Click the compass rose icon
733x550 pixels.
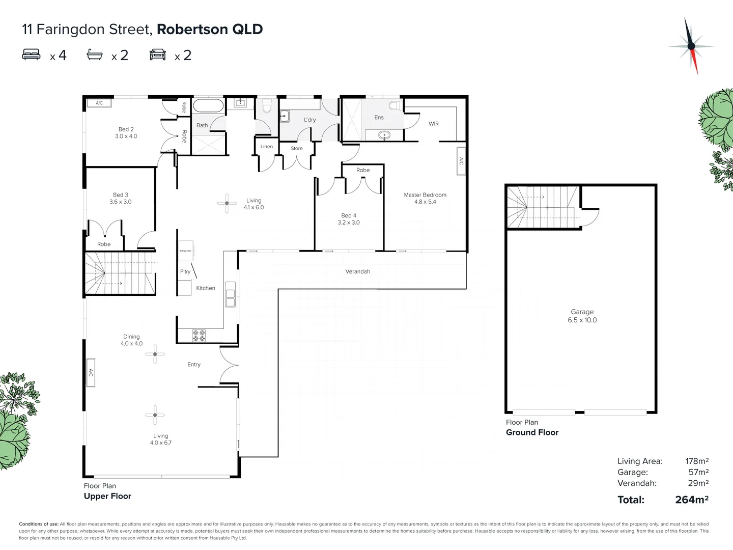point(691,46)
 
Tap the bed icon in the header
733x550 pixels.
point(31,54)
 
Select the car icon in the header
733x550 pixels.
point(158,54)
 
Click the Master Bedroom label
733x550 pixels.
point(425,198)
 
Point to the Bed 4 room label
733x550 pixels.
point(349,219)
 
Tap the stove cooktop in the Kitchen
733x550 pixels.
point(199,335)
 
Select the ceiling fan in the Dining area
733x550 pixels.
point(155,354)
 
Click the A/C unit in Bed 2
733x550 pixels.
point(99,103)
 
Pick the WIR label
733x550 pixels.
point(434,124)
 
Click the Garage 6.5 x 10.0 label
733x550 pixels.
point(582,316)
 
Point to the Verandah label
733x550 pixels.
point(357,271)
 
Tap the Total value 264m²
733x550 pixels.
point(691,500)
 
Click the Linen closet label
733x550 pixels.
point(267,147)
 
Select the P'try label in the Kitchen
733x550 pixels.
point(185,271)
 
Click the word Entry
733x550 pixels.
point(194,365)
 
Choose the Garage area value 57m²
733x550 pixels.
point(698,472)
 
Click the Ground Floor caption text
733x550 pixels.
point(532,432)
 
